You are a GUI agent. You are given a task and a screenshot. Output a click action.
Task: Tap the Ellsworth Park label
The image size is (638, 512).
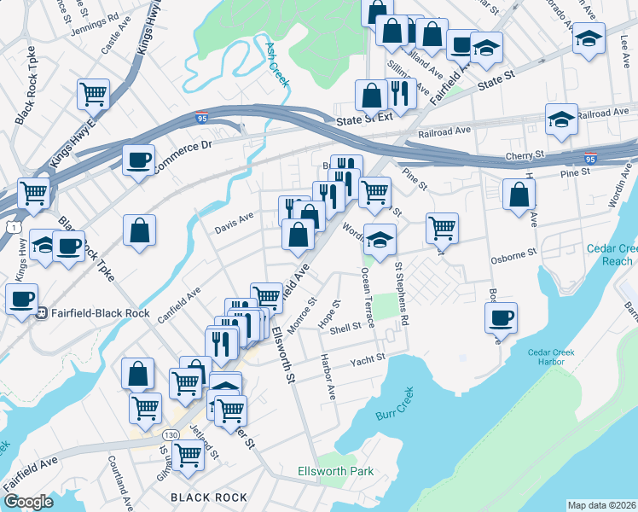(x=336, y=471)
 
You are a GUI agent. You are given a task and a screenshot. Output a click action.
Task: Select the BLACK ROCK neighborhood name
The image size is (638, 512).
(x=209, y=497)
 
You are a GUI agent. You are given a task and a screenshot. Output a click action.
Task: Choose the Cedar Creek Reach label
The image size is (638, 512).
(x=611, y=254)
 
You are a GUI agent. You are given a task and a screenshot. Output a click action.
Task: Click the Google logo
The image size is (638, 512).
(x=28, y=502)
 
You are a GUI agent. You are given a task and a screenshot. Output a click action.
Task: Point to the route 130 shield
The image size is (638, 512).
(x=171, y=435)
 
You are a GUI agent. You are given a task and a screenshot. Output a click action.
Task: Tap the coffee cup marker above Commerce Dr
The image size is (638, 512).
(x=138, y=160)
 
